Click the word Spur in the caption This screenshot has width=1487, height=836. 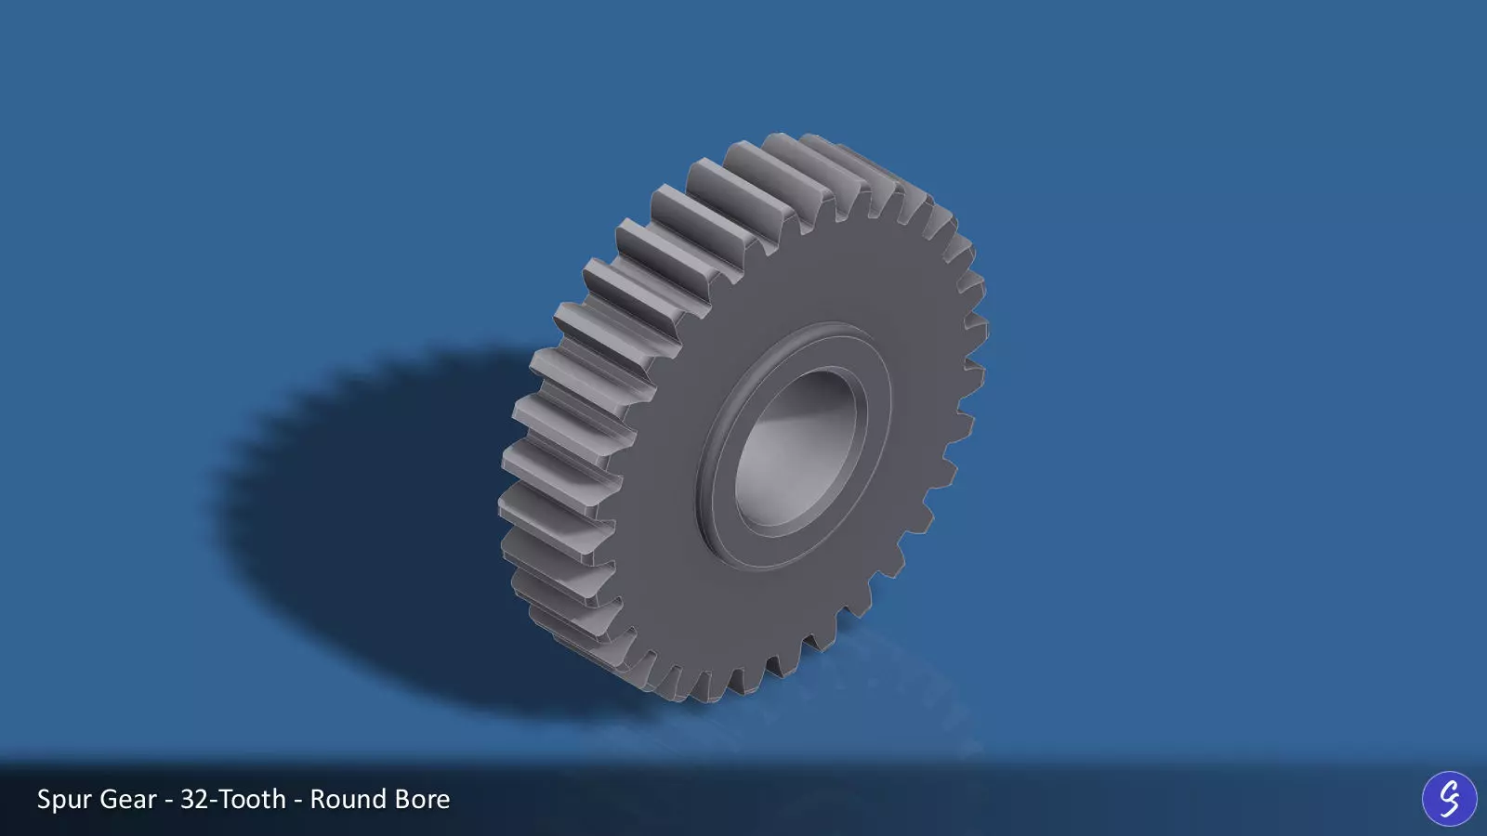(x=64, y=800)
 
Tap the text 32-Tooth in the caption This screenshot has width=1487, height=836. (x=233, y=799)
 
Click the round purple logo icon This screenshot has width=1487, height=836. (x=1449, y=798)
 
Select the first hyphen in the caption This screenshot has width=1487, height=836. (x=168, y=801)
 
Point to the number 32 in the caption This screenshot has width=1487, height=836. (x=194, y=799)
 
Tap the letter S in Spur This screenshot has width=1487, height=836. (x=45, y=799)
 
